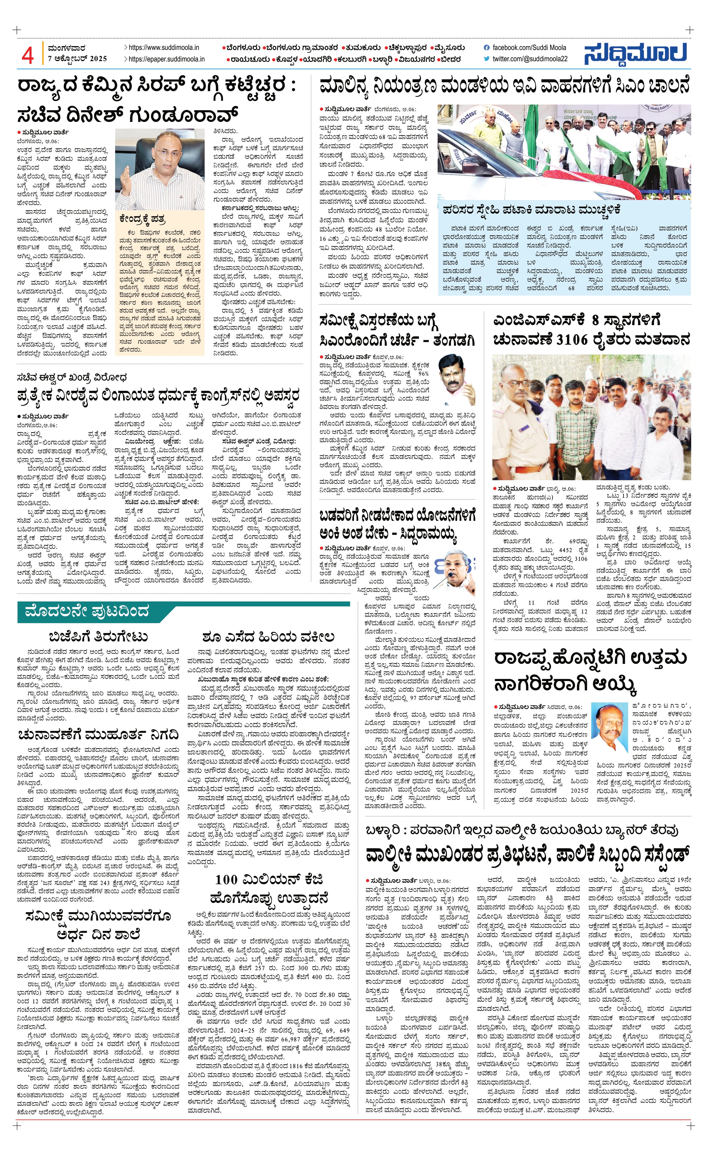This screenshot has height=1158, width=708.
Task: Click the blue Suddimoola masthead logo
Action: (636, 53)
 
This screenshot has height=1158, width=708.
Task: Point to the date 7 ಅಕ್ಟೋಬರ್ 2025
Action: (77, 59)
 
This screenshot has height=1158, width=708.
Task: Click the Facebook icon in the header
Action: (487, 48)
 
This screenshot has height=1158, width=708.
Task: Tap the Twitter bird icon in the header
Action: (487, 59)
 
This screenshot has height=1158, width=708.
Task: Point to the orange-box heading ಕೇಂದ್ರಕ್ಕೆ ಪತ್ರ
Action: (142, 220)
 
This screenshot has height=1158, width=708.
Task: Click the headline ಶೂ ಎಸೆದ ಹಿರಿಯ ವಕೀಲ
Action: (269, 637)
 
